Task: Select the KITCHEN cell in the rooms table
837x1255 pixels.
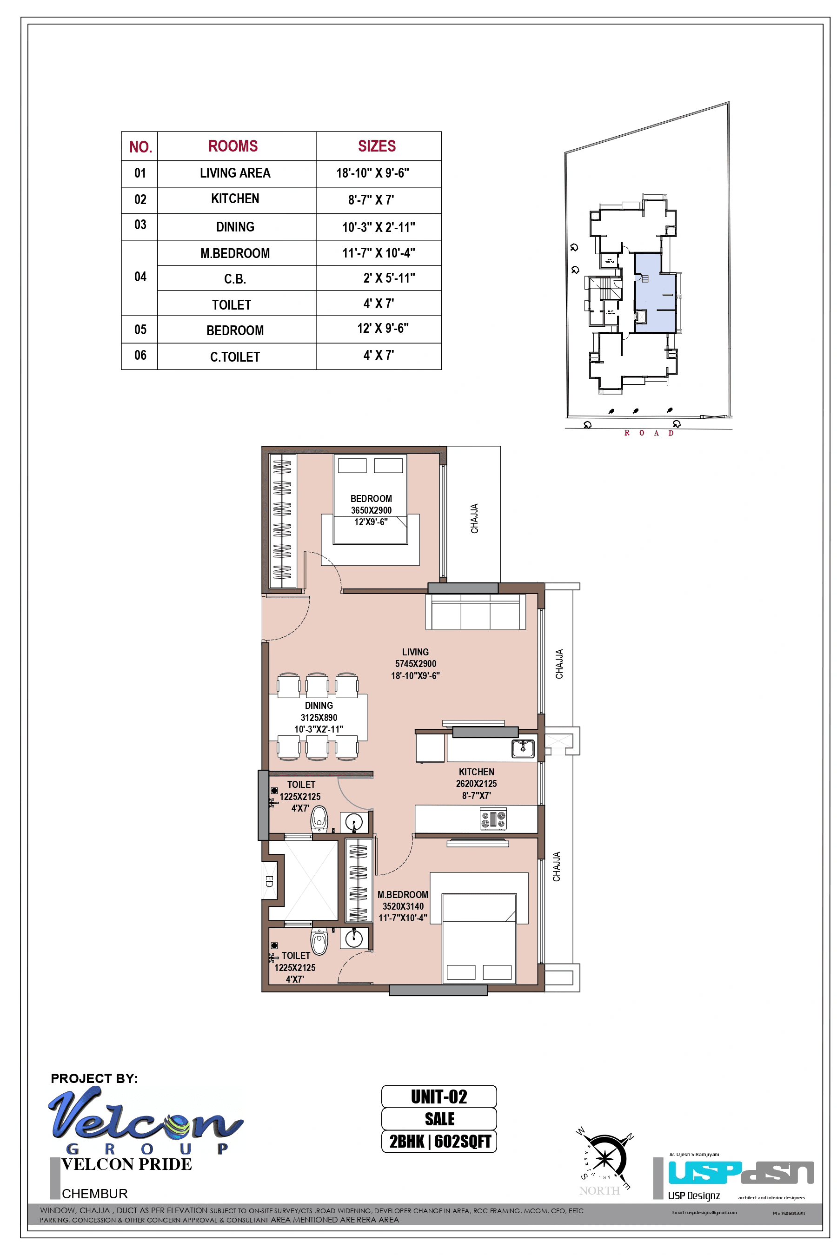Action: click(x=235, y=199)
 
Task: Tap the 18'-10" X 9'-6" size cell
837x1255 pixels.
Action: click(x=372, y=173)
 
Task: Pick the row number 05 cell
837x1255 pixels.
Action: click(x=140, y=329)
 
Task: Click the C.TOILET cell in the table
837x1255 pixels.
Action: click(x=235, y=357)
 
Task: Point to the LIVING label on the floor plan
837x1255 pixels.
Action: click(x=415, y=652)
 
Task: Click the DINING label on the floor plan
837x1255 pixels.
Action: click(x=319, y=706)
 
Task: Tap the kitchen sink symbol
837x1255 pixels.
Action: click(x=523, y=749)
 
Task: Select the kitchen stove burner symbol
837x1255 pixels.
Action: click(x=493, y=819)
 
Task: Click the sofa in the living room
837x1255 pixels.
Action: click(x=475, y=612)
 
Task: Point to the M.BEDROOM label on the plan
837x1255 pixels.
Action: click(x=403, y=895)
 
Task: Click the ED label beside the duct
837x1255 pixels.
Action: click(x=269, y=881)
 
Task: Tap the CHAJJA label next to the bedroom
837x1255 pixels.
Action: click(x=474, y=518)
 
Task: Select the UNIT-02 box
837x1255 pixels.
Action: click(x=439, y=1096)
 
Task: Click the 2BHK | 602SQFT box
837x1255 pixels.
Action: click(x=439, y=1141)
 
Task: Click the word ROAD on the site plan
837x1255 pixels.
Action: click(x=649, y=433)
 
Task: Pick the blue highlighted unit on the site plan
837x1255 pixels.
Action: click(x=655, y=292)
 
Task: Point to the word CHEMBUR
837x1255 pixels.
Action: click(x=94, y=1194)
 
